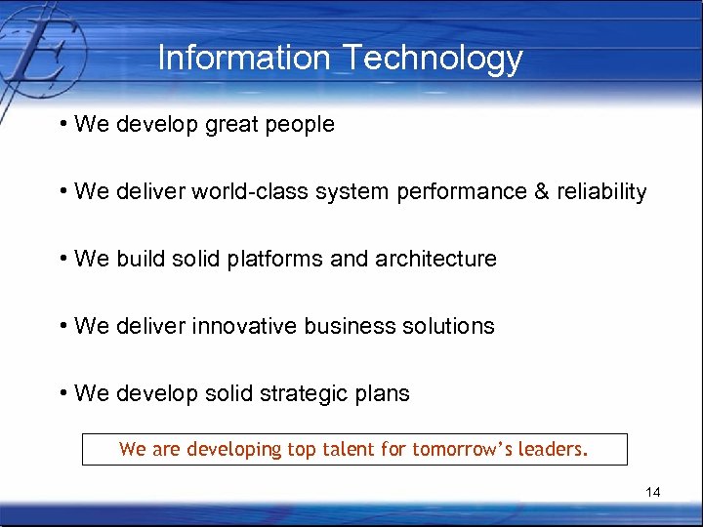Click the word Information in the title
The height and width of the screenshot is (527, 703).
click(244, 59)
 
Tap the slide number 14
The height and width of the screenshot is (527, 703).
click(652, 493)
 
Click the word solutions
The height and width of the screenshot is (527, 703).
click(449, 326)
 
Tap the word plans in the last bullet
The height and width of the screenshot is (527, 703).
click(383, 394)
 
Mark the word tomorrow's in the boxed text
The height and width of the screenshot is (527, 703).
click(456, 450)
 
